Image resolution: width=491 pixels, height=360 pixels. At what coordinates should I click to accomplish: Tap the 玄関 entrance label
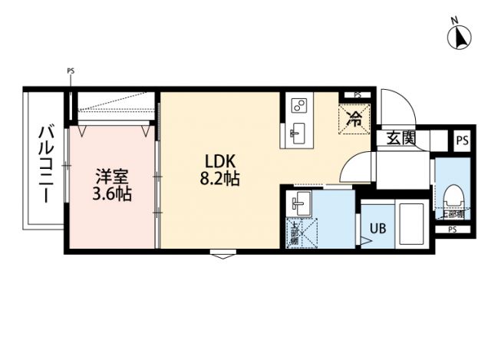click(400, 139)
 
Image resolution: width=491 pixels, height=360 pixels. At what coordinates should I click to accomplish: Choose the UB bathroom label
click(378, 228)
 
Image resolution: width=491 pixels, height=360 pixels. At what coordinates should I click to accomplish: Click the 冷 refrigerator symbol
click(355, 118)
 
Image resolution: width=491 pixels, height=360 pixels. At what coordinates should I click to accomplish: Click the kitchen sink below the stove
click(298, 132)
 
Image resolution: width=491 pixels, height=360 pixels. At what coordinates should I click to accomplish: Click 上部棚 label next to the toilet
click(452, 215)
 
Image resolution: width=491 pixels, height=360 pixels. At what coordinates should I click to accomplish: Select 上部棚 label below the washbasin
click(294, 235)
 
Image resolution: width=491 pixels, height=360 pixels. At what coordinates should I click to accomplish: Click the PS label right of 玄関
click(461, 140)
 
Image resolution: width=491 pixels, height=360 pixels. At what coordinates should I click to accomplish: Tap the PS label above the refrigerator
click(358, 95)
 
